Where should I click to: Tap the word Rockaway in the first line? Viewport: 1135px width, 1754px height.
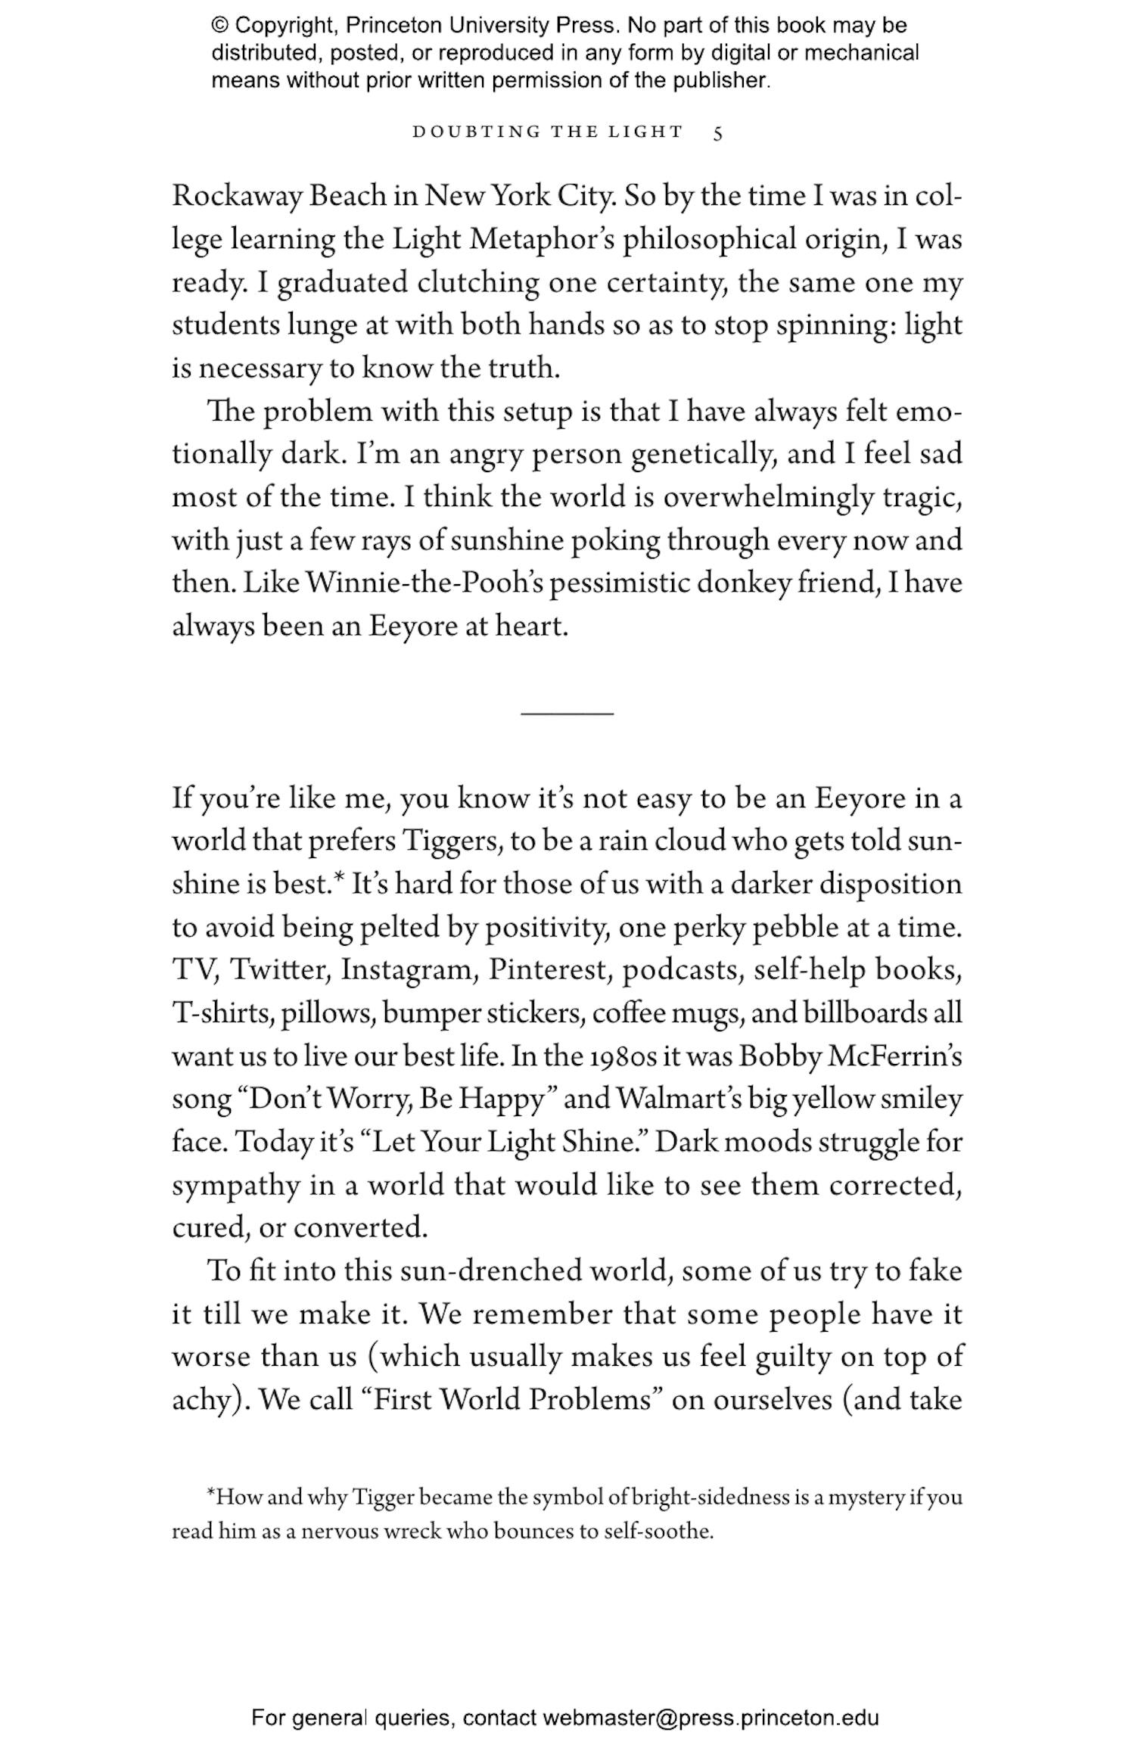pos(237,197)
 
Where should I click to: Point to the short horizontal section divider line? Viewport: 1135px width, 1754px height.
pos(567,713)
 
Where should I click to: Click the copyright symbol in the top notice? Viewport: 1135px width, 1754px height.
pos(219,26)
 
